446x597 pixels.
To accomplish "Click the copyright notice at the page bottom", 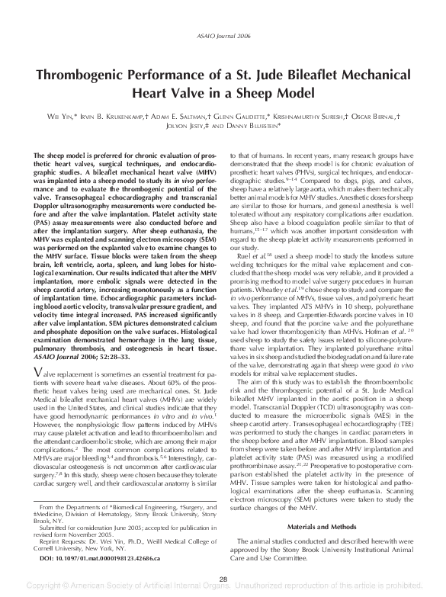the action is [x=223, y=589].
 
